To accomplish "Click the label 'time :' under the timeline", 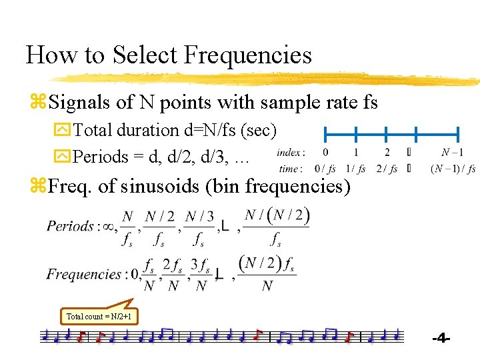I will [290, 169].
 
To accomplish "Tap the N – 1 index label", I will [453, 153].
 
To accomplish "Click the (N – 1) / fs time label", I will [453, 169].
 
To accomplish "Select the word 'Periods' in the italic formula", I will [70, 226].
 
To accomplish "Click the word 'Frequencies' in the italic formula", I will [84, 274].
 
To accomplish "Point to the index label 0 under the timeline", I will [325, 153].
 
